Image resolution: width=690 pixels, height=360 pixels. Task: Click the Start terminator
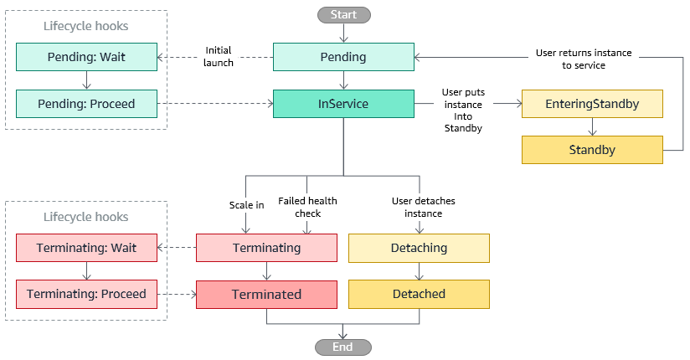pos(343,14)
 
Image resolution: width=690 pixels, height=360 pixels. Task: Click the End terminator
pos(343,347)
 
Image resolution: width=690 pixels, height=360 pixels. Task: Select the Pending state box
pos(343,58)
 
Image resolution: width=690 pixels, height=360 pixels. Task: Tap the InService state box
pos(343,104)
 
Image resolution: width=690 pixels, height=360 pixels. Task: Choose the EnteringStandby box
pos(592,104)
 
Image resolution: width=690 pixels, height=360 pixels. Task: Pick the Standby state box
pos(592,151)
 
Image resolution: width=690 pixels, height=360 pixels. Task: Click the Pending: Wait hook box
pos(86,58)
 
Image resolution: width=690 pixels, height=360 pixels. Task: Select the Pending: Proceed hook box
pos(86,104)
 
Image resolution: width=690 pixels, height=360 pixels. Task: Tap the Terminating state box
pos(266,248)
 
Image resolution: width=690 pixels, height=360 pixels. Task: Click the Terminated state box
pos(266,294)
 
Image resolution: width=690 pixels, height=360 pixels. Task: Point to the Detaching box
pos(419,248)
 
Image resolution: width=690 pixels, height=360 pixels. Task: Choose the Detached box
pos(419,294)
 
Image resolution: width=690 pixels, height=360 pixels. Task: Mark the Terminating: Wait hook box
pos(86,248)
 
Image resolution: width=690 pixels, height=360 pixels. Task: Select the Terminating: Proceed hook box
pos(86,294)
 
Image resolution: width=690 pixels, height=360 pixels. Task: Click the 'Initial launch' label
pos(219,57)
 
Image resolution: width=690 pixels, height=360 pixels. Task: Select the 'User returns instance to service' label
pos(584,59)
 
